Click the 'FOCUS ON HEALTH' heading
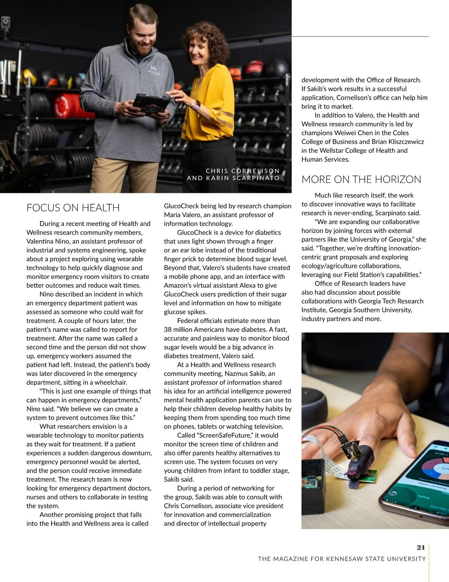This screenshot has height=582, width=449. (x=73, y=208)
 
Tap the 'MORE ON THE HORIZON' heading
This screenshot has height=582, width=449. (x=361, y=180)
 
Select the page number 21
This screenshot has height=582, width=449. (x=421, y=548)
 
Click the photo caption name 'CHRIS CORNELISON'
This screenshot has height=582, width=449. (x=242, y=171)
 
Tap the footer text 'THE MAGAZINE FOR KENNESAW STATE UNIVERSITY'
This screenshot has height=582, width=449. (x=342, y=559)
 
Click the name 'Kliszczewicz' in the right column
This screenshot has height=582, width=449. (x=403, y=142)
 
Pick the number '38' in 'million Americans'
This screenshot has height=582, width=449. (x=168, y=330)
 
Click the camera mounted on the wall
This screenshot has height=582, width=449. (x=6, y=23)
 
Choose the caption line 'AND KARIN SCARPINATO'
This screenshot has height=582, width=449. (x=233, y=178)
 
